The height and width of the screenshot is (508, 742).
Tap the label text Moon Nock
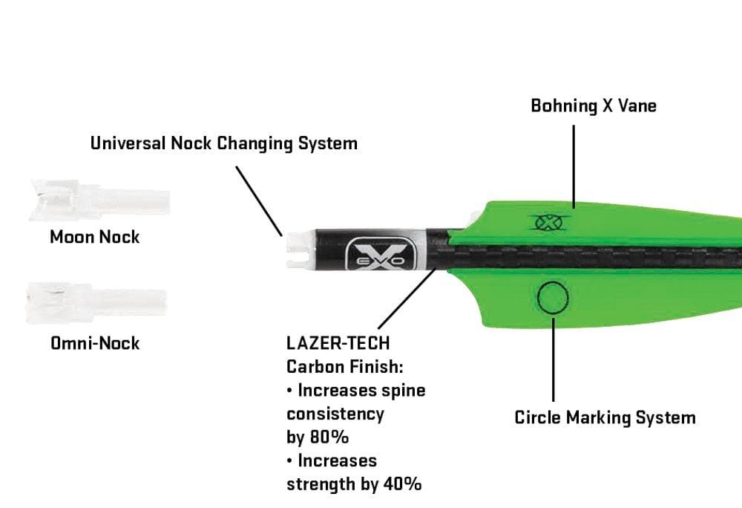[94, 238]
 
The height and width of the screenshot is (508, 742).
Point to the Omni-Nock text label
[94, 344]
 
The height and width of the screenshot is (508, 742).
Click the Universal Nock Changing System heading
[223, 143]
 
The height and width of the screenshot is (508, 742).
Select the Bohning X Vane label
[593, 105]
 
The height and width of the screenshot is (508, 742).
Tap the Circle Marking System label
[605, 417]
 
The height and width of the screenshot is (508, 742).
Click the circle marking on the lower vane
[554, 299]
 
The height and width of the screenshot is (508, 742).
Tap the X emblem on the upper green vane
[550, 221]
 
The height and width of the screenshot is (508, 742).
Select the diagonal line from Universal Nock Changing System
[259, 200]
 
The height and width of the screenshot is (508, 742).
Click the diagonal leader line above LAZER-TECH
[406, 300]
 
